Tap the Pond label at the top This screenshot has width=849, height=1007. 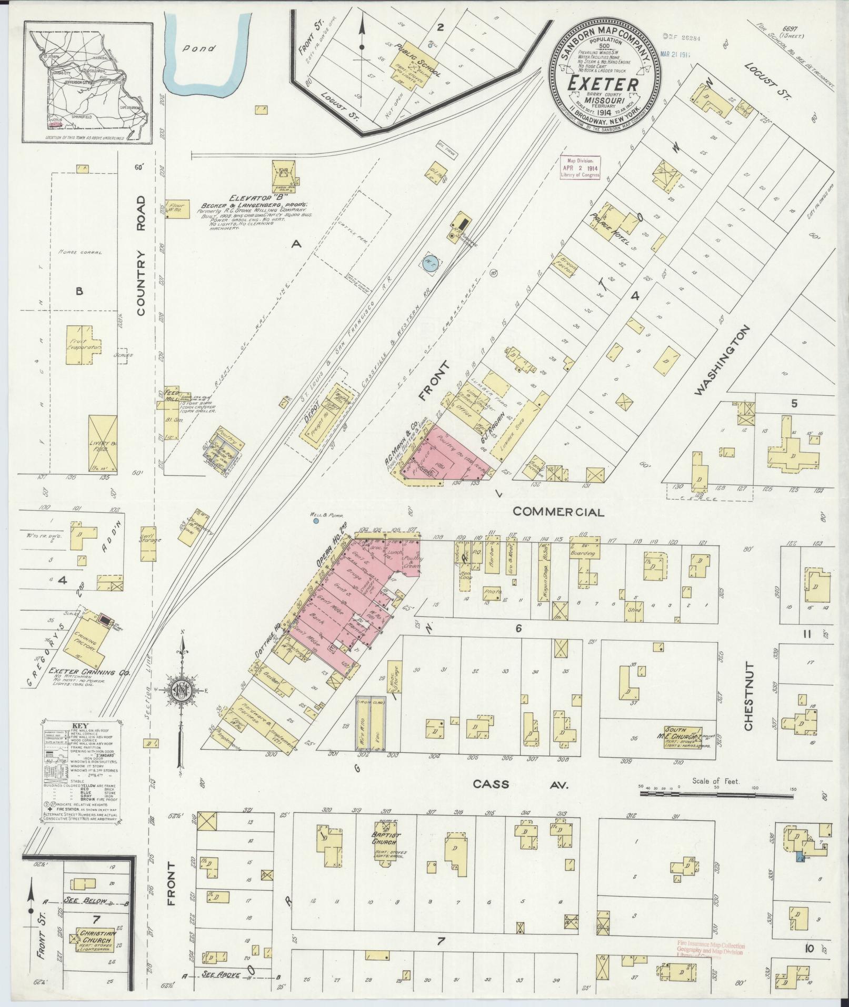point(201,48)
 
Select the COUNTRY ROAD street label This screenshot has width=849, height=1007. point(141,256)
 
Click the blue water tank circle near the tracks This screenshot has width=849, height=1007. point(431,262)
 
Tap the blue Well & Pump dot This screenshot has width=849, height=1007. point(316,521)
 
